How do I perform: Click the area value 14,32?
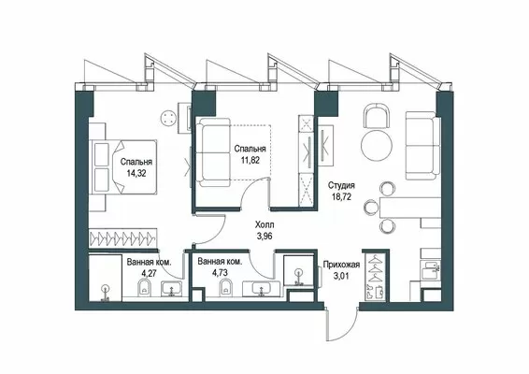click(136, 174)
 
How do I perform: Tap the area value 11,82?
click(250, 160)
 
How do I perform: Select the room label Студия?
click(341, 185)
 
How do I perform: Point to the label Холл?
click(264, 224)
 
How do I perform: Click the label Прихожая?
click(341, 265)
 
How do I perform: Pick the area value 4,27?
click(150, 273)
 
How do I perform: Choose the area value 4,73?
click(220, 272)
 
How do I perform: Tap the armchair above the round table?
click(377, 116)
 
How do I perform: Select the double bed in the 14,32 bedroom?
click(123, 166)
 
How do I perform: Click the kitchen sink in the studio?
click(430, 270)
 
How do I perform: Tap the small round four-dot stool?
click(168, 119)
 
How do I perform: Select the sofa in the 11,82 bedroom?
click(213, 152)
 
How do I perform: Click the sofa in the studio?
click(423, 146)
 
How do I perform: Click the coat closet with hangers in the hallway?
click(375, 276)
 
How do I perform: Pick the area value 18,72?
click(341, 196)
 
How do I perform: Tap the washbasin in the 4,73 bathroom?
click(261, 289)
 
